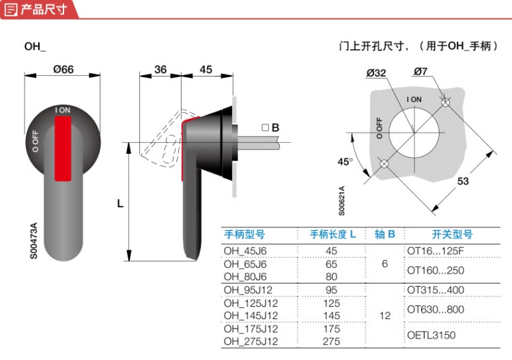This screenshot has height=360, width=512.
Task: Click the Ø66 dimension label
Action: coord(63,69)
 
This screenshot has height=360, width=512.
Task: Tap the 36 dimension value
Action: coord(160,69)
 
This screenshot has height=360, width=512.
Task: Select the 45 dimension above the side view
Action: coord(205,69)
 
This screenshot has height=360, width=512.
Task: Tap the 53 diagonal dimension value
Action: coord(464,182)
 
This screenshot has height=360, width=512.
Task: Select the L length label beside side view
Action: coord(119,203)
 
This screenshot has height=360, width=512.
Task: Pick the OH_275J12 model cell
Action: coord(251,341)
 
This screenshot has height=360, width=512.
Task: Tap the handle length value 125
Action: coord(332,303)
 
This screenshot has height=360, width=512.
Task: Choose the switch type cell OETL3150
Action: coord(431,335)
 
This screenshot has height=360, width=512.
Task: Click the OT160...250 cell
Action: coord(435,270)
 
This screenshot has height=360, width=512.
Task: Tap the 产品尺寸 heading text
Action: coord(43,10)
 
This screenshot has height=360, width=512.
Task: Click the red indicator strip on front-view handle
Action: coord(63,148)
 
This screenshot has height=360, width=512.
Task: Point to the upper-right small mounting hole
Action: coord(446,103)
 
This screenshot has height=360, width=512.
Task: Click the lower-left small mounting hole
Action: coord(384,164)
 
